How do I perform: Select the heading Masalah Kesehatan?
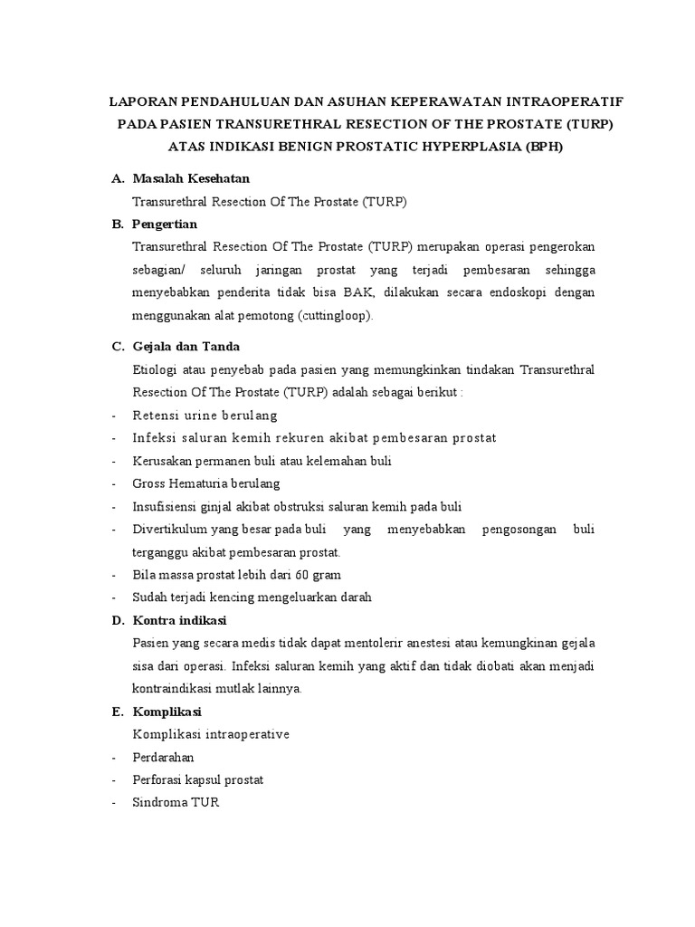pyautogui.click(x=190, y=179)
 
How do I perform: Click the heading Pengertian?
pyautogui.click(x=165, y=224)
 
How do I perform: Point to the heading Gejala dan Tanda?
pyautogui.click(x=186, y=347)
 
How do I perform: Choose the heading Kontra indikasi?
pyautogui.click(x=179, y=620)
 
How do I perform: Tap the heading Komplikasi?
pyautogui.click(x=167, y=711)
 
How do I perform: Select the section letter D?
pyautogui.click(x=117, y=620)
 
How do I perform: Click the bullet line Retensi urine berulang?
pyautogui.click(x=205, y=416)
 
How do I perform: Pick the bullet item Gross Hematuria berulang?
pyautogui.click(x=206, y=483)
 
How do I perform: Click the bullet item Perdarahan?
pyautogui.click(x=163, y=757)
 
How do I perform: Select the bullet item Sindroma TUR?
pyautogui.click(x=176, y=802)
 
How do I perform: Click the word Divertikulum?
pyautogui.click(x=169, y=530)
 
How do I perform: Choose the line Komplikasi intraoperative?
pyautogui.click(x=210, y=734)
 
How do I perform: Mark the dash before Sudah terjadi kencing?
pyautogui.click(x=112, y=597)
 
